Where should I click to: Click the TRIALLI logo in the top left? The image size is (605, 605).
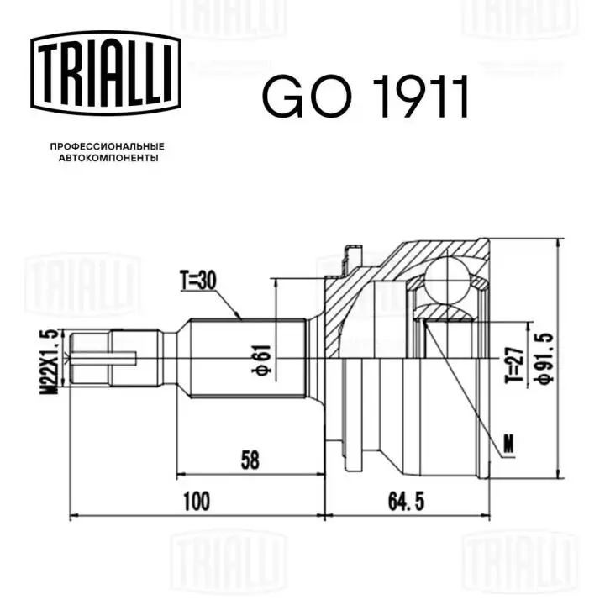106,73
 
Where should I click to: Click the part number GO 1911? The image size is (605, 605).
366,97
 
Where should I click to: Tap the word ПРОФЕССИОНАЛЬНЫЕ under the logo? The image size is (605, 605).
108,146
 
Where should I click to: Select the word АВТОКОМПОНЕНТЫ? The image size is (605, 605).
108,158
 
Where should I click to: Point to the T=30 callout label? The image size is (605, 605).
198,281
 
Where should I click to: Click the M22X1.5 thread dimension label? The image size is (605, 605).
50,361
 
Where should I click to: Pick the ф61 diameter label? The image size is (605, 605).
263,360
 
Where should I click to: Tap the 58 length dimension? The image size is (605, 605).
250,460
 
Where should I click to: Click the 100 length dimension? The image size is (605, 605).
197,501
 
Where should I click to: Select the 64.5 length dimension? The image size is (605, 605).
407,502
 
